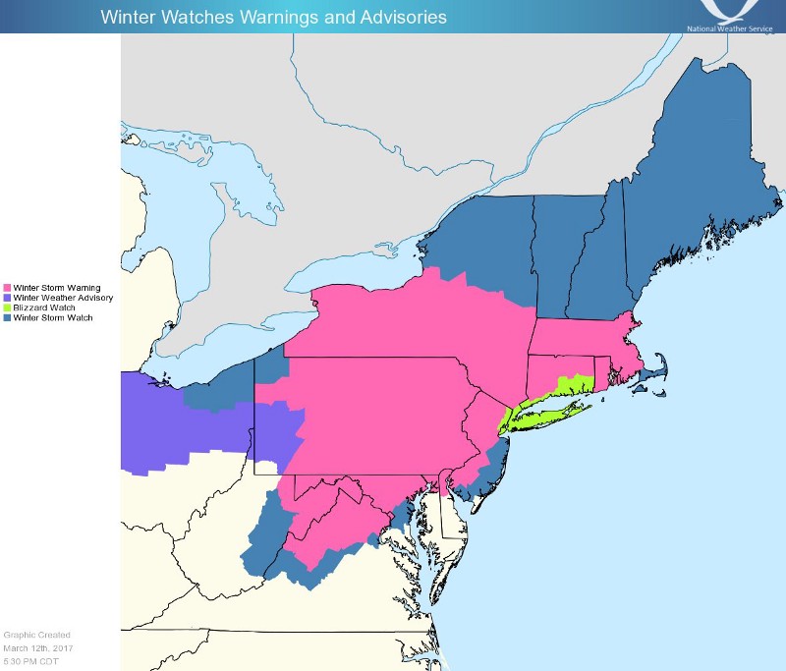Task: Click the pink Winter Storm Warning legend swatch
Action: [8, 288]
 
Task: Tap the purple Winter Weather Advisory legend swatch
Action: [8, 298]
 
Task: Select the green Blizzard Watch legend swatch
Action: [8, 308]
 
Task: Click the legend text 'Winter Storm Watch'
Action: [53, 318]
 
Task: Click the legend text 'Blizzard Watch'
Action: [45, 308]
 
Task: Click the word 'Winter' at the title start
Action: [125, 17]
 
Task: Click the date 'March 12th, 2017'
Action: [37, 647]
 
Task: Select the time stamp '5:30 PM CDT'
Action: [31, 660]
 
